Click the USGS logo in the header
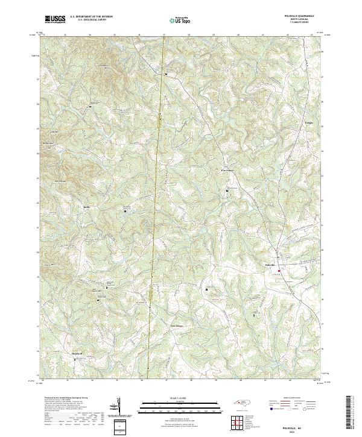pos(55,19)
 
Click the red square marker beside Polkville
pos(280,270)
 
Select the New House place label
pos(175,326)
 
